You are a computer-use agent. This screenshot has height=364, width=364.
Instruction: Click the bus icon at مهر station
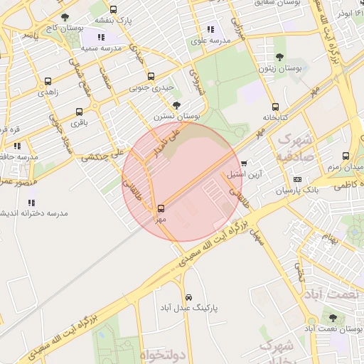161,208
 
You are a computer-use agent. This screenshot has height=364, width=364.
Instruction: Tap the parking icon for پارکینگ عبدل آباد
188,297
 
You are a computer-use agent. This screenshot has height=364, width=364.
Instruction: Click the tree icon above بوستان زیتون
279,58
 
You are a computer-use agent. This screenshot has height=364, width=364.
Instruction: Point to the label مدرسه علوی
210,41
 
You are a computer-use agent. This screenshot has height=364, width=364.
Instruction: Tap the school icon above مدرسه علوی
210,29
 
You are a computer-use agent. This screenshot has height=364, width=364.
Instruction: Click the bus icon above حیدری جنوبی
151,77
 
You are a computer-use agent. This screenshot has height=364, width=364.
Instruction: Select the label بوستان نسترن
177,115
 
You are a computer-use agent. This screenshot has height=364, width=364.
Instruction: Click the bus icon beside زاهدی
48,81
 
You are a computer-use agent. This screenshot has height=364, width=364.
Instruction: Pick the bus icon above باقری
77,111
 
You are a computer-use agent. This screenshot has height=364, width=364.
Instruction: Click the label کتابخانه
274,117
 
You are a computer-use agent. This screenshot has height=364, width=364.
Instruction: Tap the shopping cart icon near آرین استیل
244,164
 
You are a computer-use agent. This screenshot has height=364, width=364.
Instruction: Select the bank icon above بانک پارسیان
296,178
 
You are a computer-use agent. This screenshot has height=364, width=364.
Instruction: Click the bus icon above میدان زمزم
346,156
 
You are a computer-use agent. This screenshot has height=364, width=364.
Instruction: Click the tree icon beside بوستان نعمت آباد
332,318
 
